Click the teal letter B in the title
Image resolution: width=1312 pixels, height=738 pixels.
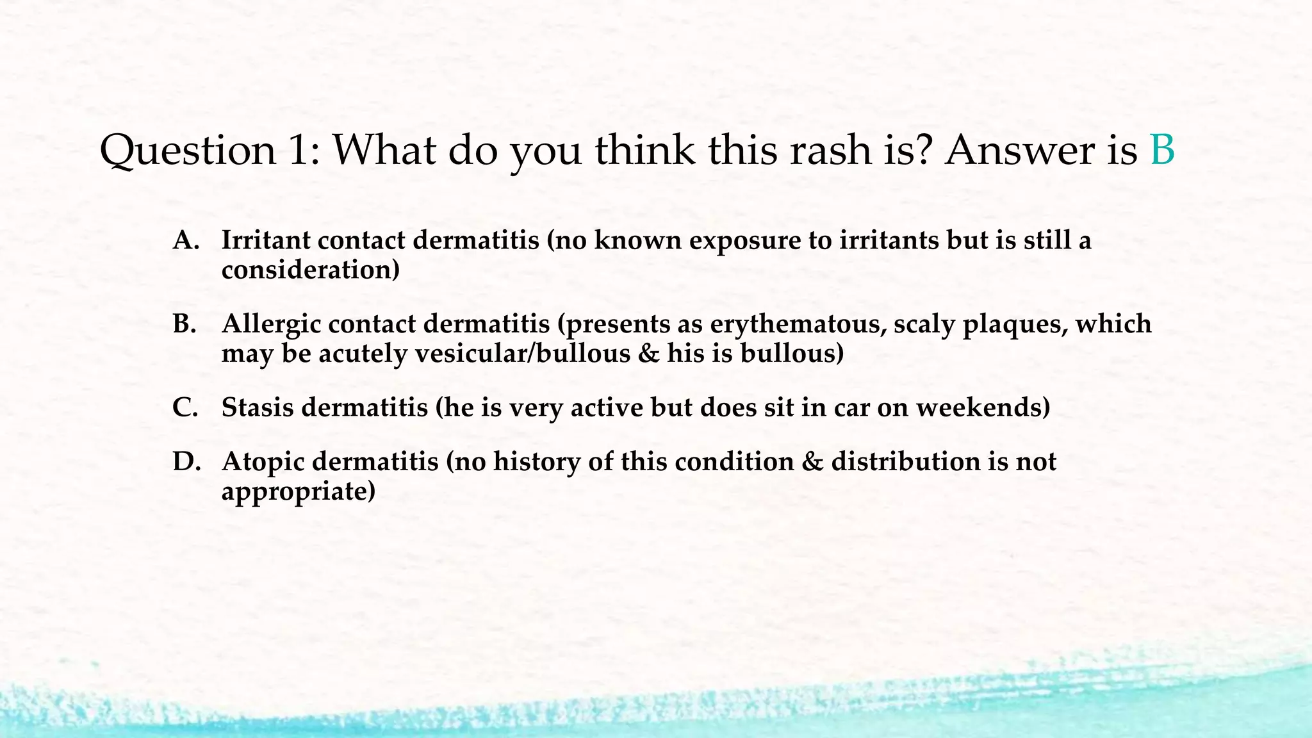pos(1162,151)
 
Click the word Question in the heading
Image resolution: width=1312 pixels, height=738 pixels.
pos(188,152)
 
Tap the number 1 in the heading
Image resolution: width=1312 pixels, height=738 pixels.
pos(299,151)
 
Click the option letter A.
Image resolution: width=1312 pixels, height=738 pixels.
pos(186,241)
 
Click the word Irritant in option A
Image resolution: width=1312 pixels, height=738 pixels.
pos(265,241)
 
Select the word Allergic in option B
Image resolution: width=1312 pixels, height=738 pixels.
pos(271,325)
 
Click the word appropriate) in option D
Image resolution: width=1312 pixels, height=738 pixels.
pos(298,492)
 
